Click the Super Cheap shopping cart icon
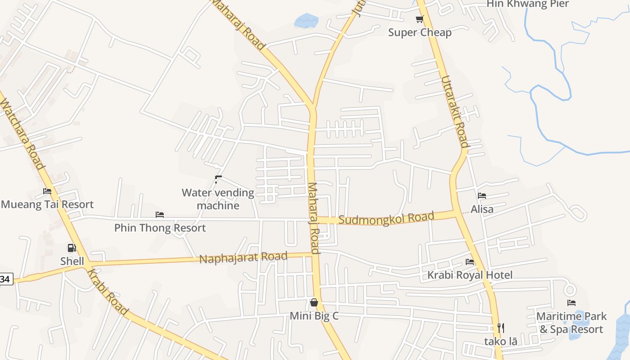(419, 19)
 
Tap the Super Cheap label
(419, 32)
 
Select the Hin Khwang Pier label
(527, 4)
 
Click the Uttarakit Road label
(454, 112)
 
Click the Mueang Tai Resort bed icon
(47, 191)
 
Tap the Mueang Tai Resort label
(47, 204)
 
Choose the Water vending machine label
(218, 199)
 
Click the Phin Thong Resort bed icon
(160, 215)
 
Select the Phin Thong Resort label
(160, 228)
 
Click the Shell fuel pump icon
(72, 248)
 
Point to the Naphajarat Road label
(243, 258)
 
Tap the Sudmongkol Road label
(386, 218)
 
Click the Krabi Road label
(107, 292)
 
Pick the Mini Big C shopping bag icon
(314, 302)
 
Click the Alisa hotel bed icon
(482, 196)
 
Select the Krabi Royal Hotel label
(470, 275)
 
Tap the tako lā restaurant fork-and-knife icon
(500, 328)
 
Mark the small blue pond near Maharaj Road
(306, 20)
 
